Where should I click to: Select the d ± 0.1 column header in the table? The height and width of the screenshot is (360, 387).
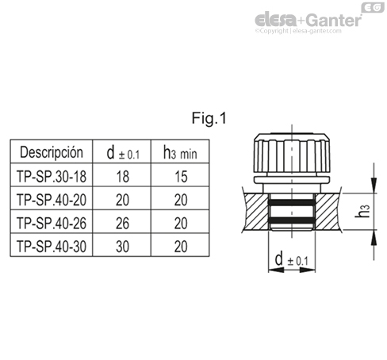pyautogui.click(x=122, y=151)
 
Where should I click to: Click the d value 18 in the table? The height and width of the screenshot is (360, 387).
pyautogui.click(x=122, y=174)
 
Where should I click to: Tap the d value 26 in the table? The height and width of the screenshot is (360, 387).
pyautogui.click(x=122, y=222)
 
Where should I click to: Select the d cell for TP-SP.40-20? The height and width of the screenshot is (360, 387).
pyautogui.click(x=122, y=198)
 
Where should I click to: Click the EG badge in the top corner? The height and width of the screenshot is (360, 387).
pyautogui.click(x=370, y=7)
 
